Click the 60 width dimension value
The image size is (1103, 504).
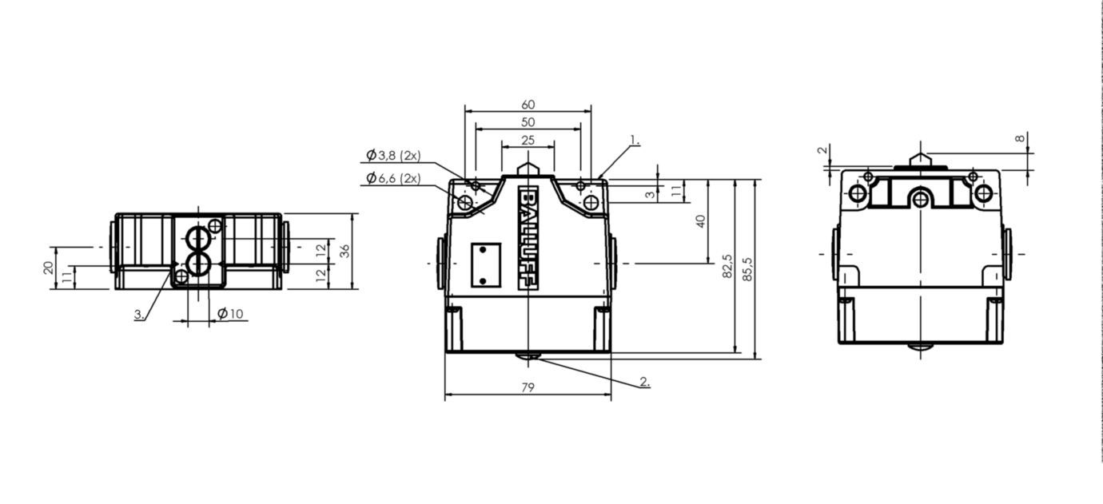coord(528,105)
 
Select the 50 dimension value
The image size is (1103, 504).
coord(528,122)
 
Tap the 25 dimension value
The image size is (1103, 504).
coord(528,141)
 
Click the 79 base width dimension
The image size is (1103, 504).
coord(528,388)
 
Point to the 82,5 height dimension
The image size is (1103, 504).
coord(727,266)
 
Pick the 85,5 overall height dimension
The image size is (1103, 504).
coord(747,269)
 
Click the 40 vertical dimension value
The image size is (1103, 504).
coord(701,221)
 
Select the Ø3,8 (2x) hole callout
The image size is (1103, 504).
coord(393,156)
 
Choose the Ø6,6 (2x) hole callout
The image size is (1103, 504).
coord(393,178)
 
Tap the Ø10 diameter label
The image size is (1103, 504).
coord(230,314)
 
